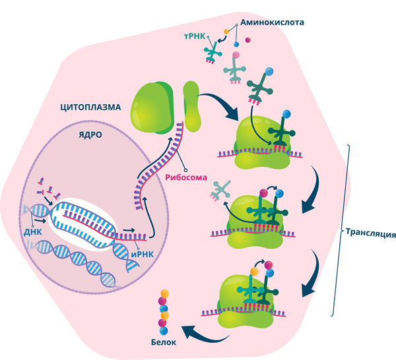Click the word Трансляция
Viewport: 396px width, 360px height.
point(370,233)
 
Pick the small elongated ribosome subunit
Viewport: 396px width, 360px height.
point(191,105)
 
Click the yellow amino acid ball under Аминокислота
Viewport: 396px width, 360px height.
point(226,31)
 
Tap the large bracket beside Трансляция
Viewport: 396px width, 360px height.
point(345,231)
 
